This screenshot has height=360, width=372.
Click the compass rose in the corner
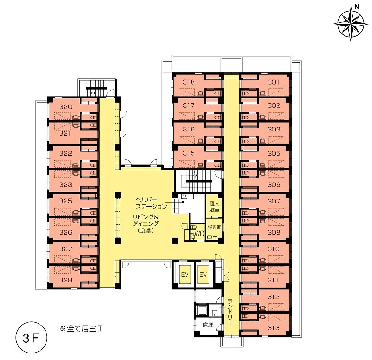pos(351,24)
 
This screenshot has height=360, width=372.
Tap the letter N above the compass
pos(356,7)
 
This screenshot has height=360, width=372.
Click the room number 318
pos(189,82)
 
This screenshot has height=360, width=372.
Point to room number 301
pos(273,82)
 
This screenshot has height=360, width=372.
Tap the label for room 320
pos(66,107)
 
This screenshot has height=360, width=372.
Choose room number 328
pos(66,280)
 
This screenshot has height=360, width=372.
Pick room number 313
pos(273,328)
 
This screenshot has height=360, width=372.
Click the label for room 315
pos(189,153)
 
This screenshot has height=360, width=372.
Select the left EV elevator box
pos(185,275)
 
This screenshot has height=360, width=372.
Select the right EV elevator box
pos(203,275)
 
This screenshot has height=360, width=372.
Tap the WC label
pos(199,234)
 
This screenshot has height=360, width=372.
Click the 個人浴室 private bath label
pos(214,206)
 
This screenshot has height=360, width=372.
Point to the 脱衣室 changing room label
pos(214,227)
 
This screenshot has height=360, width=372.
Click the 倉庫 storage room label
pos(208,325)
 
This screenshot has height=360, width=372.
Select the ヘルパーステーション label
pos(151,203)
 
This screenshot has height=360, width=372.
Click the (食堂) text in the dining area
pos(146,230)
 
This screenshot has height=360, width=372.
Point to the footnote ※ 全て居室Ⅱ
pos(80,329)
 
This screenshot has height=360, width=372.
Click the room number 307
pos(274,201)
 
